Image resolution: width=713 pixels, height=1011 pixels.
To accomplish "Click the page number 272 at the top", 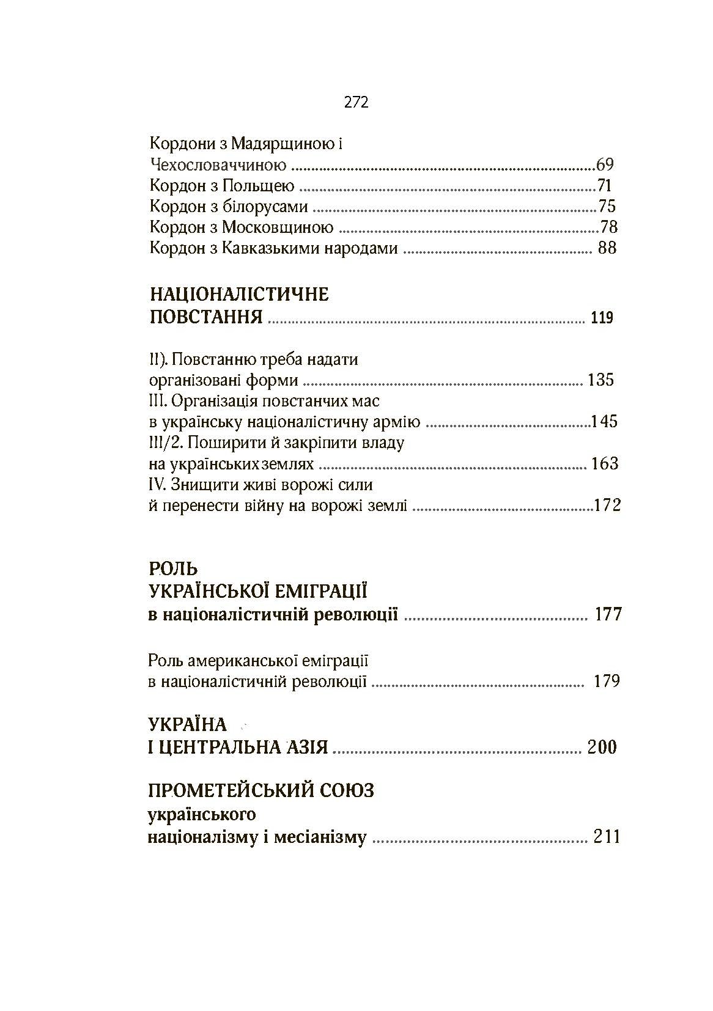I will point(356,103).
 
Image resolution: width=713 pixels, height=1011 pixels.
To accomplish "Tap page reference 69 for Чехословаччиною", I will point(604,164).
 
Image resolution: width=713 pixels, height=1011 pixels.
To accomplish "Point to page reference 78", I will point(608,227).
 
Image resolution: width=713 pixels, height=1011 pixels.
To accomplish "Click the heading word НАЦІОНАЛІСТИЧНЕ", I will point(239,295).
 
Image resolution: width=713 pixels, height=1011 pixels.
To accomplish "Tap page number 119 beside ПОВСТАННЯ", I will point(602,318).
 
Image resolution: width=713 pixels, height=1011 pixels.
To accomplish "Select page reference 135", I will point(600,380).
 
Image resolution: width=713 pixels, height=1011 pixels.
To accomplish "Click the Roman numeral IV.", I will point(157,485).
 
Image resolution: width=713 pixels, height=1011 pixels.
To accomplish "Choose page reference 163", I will point(605,464).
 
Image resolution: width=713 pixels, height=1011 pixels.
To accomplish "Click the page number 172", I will point(607,506).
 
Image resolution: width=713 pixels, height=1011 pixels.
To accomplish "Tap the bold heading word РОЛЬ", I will point(174,569).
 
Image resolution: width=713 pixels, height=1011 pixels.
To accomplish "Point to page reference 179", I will point(607,681).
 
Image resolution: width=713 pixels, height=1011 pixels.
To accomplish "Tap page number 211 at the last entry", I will point(607,837).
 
